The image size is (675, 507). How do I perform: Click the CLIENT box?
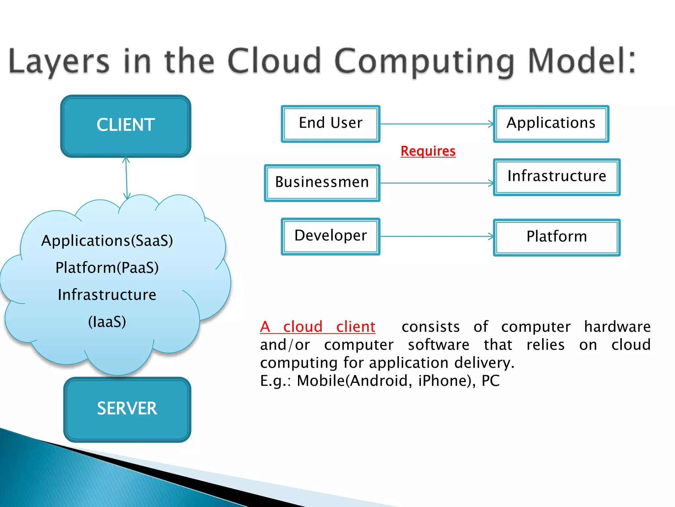(126, 126)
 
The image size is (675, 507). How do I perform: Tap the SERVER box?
(127, 409)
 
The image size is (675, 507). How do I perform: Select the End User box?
(331, 124)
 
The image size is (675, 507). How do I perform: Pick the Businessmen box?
(322, 183)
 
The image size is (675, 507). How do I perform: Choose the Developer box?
(331, 236)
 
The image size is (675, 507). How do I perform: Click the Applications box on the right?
(551, 124)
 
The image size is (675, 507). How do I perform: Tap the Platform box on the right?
(557, 237)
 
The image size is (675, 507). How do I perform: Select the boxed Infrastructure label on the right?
(557, 177)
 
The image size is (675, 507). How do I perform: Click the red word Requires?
(428, 152)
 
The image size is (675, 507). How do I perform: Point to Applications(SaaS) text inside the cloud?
(107, 241)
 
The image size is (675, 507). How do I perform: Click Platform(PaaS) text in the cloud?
(107, 268)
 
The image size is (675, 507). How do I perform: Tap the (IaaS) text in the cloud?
(107, 322)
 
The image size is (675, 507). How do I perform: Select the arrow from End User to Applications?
(437, 124)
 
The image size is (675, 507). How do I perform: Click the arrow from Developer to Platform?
(437, 236)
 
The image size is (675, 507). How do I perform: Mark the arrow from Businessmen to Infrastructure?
(437, 183)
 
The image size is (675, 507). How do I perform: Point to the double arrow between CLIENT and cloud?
(126, 178)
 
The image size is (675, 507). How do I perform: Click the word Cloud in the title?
(274, 61)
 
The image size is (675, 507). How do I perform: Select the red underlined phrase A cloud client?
(317, 327)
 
